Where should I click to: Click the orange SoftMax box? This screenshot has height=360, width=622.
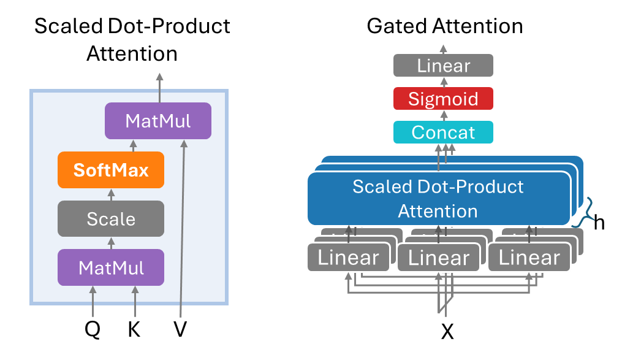coord(111,169)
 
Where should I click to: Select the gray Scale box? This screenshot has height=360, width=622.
coord(111,218)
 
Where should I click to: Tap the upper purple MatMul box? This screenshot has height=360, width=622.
coord(157,121)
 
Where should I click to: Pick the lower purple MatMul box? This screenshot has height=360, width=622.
coord(111,267)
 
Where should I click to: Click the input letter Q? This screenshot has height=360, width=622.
coord(92,330)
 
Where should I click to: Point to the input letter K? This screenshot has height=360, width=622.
coord(134,330)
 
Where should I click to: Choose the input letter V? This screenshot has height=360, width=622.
coord(180,330)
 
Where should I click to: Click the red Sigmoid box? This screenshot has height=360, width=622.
coord(443,99)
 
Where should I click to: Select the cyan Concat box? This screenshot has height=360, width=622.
coord(443,132)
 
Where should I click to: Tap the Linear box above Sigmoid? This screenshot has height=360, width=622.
coord(443,66)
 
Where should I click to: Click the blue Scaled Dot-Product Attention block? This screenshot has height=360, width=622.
coord(438,199)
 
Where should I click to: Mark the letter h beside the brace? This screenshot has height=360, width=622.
coord(599,222)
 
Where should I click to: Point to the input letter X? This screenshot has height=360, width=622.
coord(448,332)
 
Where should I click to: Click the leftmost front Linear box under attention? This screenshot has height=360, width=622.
coord(348,258)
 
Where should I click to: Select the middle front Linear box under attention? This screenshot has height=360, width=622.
coord(439,258)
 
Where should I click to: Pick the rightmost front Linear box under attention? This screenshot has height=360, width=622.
coord(529,258)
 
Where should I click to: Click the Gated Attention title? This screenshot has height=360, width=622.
coord(445,26)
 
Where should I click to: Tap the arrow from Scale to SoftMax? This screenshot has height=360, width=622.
coord(111,194)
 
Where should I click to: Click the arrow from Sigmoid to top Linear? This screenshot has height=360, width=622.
coord(443,82)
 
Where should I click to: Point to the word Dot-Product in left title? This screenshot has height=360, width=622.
coord(175,26)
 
